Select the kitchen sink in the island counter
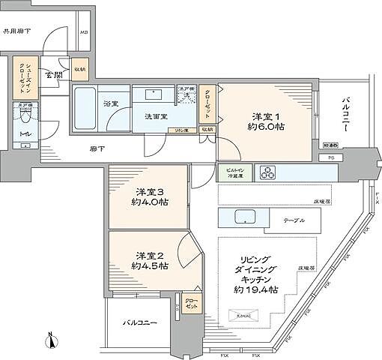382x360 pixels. (x=246, y=220)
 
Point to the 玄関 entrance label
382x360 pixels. (x=53, y=75)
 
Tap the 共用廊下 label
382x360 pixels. (x=16, y=31)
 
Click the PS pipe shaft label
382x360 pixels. (x=330, y=157)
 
